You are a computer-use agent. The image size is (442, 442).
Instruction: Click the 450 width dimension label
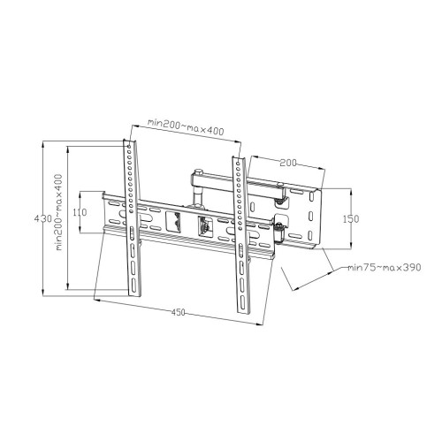click(x=179, y=312)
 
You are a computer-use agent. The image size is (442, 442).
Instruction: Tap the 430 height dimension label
click(x=43, y=218)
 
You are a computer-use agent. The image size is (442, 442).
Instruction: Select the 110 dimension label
click(x=80, y=212)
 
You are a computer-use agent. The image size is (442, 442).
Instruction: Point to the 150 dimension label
click(x=351, y=219)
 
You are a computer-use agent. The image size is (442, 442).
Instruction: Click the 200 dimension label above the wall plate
click(x=288, y=163)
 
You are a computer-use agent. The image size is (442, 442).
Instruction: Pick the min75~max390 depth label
click(x=385, y=268)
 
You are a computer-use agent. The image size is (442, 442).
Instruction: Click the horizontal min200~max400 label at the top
click(x=186, y=126)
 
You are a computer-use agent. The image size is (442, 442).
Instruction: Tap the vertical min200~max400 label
click(x=59, y=212)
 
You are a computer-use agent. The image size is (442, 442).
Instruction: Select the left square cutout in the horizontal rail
click(x=173, y=221)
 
